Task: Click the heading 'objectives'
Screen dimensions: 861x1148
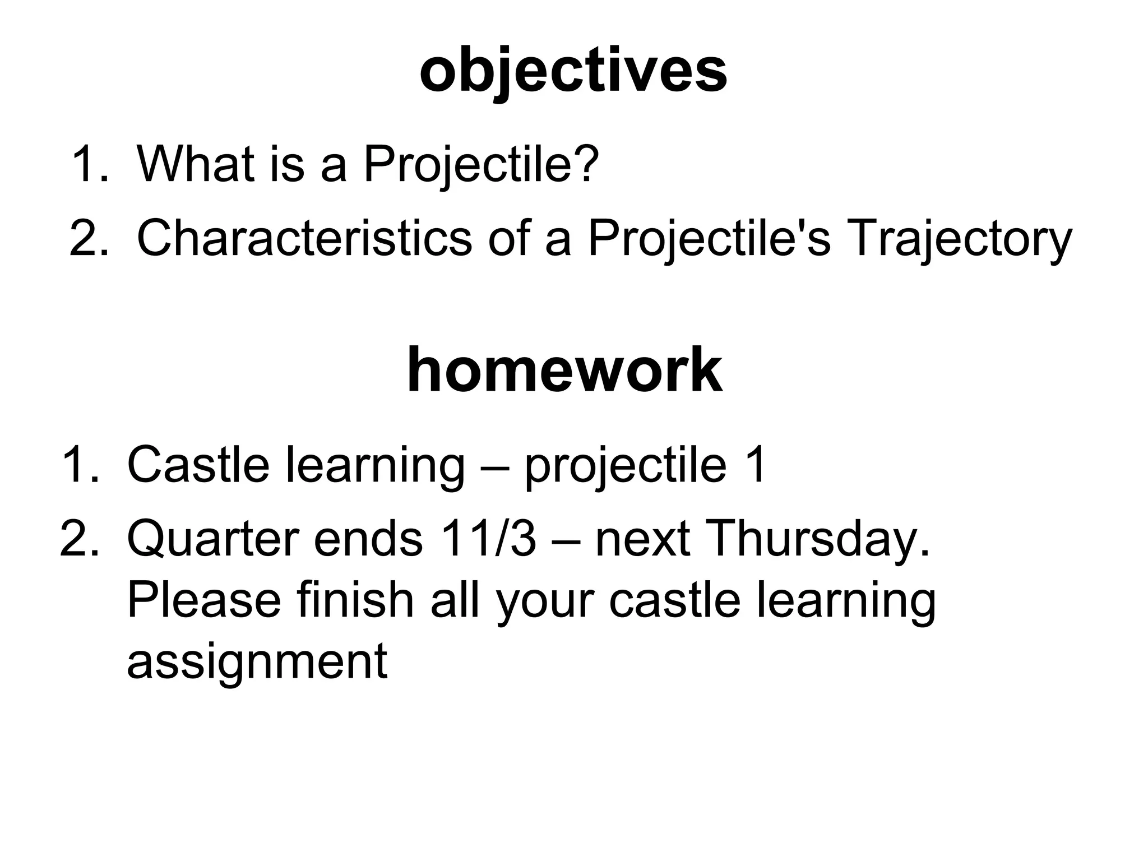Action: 573,71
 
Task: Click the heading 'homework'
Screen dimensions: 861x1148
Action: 564,371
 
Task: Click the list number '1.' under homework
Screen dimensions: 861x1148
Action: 81,464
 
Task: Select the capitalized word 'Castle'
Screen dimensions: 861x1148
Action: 198,464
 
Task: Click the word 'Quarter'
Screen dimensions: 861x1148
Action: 212,539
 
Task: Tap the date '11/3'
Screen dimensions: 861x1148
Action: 488,539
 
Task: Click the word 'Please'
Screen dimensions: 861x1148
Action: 203,600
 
